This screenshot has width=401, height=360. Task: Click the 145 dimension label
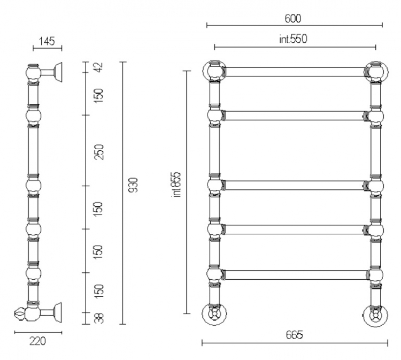[x=47, y=41]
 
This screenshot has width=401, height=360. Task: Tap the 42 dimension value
[x=99, y=67]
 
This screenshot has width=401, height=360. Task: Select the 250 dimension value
[x=99, y=152]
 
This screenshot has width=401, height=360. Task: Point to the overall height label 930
[x=133, y=185]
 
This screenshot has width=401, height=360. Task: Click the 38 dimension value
[x=99, y=318]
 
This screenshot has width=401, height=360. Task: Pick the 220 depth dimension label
[x=37, y=341]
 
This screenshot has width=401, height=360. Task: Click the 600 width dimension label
[x=293, y=18]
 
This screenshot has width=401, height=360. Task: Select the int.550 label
[x=293, y=39]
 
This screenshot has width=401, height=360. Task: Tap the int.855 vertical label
[x=177, y=185]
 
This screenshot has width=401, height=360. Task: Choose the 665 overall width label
[x=295, y=335]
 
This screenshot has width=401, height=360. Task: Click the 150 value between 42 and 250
[x=99, y=96]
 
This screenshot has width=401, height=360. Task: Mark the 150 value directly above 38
[x=99, y=291]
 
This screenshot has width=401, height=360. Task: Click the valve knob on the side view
[x=19, y=313]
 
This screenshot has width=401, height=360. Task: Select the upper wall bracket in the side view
[x=52, y=72]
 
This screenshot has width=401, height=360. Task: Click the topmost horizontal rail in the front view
[x=295, y=72]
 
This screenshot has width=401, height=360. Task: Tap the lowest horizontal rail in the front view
[x=295, y=274]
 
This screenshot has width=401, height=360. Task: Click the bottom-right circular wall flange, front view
[x=375, y=316]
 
